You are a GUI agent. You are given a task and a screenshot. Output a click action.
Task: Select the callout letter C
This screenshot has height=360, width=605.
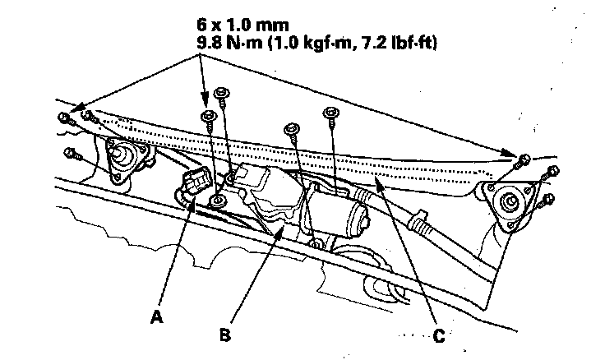coord(439,335)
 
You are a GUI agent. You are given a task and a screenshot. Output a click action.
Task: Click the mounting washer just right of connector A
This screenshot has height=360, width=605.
coord(219,201)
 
